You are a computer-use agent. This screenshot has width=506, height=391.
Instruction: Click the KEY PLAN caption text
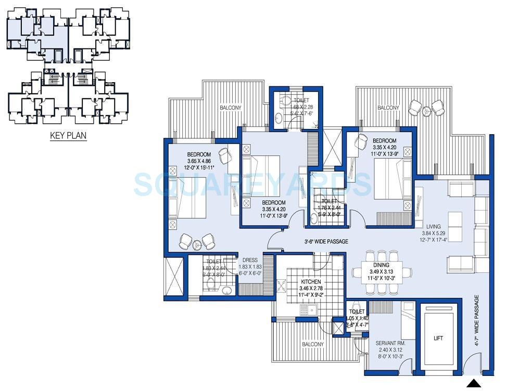pos(68,136)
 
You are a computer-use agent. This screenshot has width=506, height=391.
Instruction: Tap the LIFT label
pos(438,338)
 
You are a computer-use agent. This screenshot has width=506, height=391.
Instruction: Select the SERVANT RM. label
pos(390,343)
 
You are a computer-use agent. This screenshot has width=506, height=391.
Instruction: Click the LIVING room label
pos(433,227)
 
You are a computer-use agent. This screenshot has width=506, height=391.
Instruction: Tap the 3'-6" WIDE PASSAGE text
pos(326,241)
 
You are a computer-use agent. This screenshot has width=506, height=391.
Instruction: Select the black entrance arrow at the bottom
pos(473,384)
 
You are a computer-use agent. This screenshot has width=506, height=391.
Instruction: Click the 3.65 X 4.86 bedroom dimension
pos(198,161)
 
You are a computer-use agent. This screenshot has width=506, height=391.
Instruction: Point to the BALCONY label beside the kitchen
pos(312,344)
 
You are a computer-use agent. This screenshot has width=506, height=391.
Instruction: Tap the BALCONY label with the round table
pos(388,108)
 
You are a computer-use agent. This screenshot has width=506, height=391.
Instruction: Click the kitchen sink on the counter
pos(309,311)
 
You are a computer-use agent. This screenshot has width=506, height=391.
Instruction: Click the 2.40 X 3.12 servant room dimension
pos(390,350)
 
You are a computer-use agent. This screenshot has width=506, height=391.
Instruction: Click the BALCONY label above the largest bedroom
pos(230,108)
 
